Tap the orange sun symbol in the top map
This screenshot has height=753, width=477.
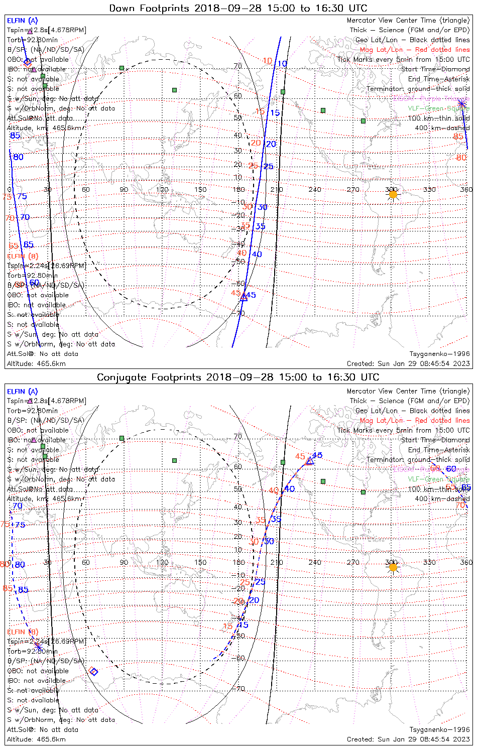pos(393,194)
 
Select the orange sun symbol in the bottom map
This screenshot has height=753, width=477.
pos(393,567)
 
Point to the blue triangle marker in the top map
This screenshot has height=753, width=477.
pos(244,297)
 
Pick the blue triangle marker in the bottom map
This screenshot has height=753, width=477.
pos(310,460)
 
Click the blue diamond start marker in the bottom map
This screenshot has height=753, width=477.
pos(94,672)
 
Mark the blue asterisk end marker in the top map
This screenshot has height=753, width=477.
pos(462,103)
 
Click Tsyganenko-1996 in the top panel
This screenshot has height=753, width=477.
pos(439,354)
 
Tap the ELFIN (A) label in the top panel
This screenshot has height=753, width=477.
pos(22,21)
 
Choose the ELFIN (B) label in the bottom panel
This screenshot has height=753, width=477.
pos(22,632)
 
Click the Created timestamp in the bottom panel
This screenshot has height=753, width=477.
pos(408,739)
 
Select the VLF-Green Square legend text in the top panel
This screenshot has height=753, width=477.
pos(438,108)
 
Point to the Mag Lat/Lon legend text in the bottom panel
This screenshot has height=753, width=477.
pos(415,420)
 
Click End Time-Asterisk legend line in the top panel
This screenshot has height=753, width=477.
pos(439,79)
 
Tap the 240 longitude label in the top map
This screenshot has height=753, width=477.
pos(315,190)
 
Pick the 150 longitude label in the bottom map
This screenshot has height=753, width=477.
pos(200,562)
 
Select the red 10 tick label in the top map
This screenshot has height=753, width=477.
pos(267,61)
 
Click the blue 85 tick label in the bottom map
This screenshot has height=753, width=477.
pos(23,590)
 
